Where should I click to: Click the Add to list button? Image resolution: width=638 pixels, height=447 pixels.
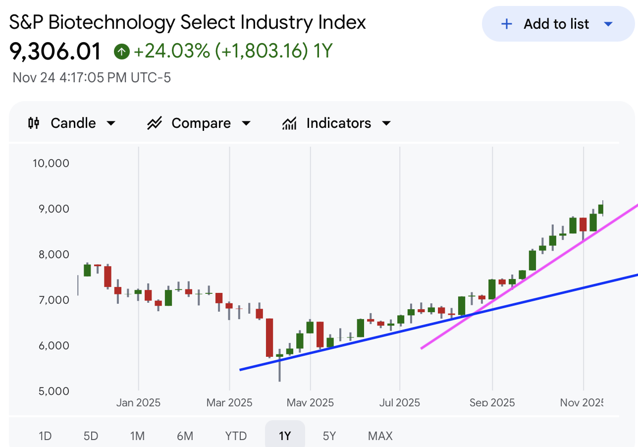click(x=557, y=24)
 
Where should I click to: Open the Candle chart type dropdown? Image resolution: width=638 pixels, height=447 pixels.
click(x=72, y=123)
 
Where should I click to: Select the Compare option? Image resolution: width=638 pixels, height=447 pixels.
click(x=199, y=123)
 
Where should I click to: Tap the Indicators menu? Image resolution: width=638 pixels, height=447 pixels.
click(x=337, y=123)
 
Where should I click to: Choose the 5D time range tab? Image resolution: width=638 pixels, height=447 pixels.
click(x=91, y=436)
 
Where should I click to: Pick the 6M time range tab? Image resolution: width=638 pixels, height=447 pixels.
click(x=185, y=436)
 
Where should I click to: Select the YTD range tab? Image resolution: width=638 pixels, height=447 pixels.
click(x=236, y=436)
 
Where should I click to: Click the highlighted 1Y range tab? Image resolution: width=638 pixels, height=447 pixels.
click(x=285, y=436)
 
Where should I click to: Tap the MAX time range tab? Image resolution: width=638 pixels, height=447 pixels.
click(x=380, y=436)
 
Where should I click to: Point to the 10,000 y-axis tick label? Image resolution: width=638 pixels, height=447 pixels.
click(x=51, y=163)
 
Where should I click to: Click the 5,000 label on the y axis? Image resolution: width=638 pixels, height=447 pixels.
click(x=53, y=391)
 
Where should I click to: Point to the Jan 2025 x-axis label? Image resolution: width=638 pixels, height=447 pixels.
click(x=138, y=402)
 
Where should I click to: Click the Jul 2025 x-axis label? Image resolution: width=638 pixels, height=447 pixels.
click(x=399, y=402)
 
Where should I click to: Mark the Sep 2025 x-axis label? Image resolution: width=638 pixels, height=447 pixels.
click(x=492, y=402)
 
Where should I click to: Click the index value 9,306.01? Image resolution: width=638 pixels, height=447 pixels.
click(x=55, y=51)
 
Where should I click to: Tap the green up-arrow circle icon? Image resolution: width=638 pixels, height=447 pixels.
click(x=121, y=52)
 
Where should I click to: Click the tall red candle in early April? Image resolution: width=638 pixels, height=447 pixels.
click(x=269, y=337)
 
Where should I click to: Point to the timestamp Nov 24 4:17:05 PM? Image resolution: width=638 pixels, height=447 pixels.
click(x=92, y=78)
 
